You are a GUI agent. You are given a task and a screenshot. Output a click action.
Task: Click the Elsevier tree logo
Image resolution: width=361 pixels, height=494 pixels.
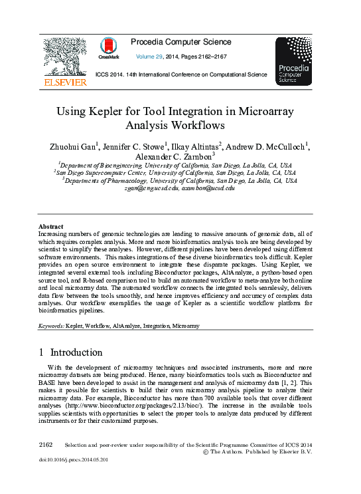[64, 57]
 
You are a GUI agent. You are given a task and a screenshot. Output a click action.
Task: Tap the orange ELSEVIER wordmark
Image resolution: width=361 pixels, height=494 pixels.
[65, 82]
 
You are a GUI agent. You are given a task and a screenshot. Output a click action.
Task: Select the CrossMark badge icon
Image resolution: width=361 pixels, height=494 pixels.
[109, 47]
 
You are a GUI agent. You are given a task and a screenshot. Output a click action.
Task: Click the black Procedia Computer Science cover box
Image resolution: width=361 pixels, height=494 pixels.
[293, 61]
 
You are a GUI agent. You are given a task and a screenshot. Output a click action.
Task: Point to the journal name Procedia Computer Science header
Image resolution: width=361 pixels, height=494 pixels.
[181, 43]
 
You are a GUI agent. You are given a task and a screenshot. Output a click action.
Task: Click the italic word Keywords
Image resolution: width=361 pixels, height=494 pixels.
[50, 326]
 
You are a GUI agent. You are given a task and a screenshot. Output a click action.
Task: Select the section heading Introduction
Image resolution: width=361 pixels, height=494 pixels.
[76, 352]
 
